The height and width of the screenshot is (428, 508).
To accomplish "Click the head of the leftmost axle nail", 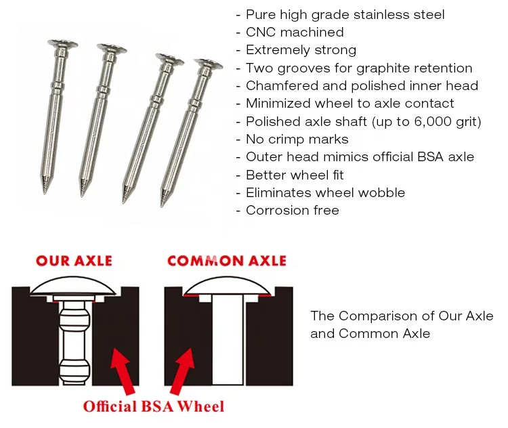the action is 62,43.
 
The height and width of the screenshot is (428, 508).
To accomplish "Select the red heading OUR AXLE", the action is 75,261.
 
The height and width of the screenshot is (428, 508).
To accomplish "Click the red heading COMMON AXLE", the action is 227,261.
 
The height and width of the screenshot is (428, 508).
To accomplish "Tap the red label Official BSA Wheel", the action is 153,406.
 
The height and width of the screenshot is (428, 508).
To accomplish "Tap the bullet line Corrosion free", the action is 292,210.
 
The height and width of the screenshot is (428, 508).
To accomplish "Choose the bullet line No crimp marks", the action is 297,139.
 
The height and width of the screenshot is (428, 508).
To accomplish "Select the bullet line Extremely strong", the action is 301,49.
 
